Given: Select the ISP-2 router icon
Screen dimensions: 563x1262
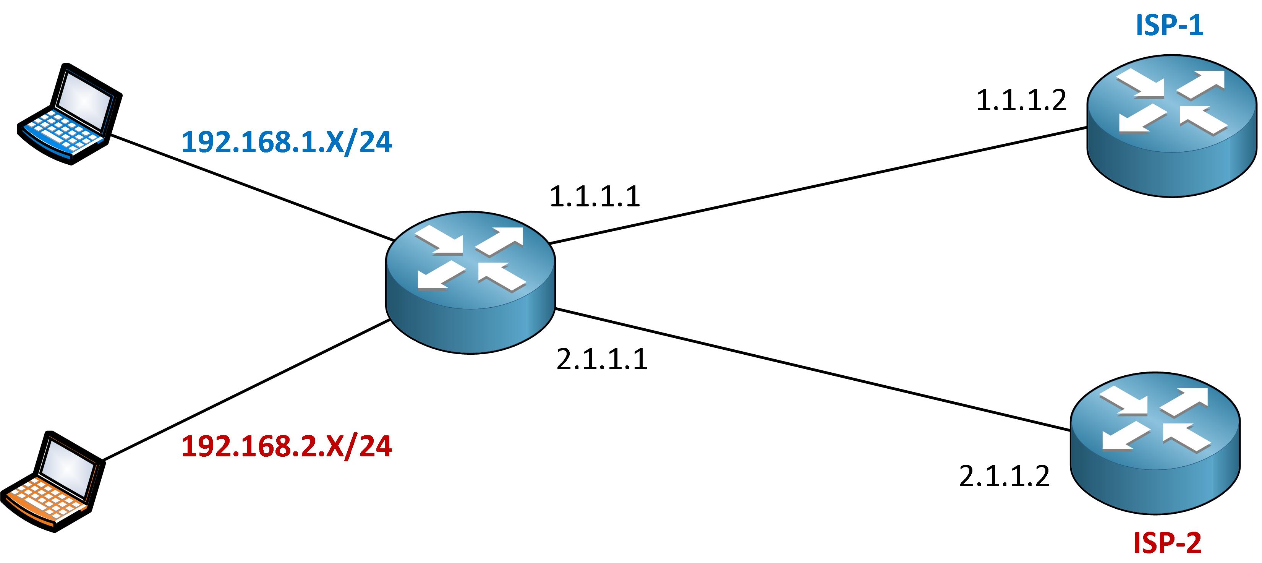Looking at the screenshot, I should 1155,443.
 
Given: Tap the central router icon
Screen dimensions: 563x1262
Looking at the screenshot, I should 470,283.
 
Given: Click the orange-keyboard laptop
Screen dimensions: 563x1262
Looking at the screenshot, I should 53,482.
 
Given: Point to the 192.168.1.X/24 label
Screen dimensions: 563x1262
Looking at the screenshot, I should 287,142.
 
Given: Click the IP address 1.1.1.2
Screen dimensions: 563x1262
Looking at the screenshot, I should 1021,101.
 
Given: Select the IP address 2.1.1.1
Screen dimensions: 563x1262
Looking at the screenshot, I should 602,359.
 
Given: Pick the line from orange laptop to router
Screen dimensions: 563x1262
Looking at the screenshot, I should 248,390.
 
